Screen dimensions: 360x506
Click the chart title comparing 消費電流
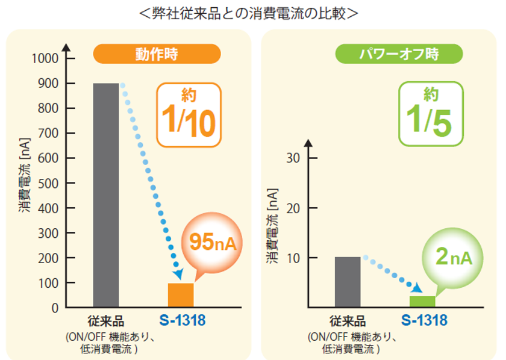pyautogui.click(x=253, y=13)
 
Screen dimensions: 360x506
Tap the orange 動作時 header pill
pyautogui.click(x=157, y=54)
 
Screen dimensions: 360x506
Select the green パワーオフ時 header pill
pyautogui.click(x=399, y=54)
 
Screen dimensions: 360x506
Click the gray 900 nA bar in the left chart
pyautogui.click(x=106, y=195)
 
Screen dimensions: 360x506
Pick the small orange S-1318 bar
pyautogui.click(x=181, y=296)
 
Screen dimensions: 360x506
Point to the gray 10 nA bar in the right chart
pyautogui.click(x=348, y=282)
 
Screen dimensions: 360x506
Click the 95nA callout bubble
pyautogui.click(x=212, y=242)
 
